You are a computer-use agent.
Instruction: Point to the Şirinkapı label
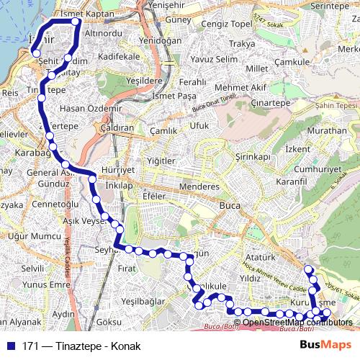pyautogui.click(x=252, y=156)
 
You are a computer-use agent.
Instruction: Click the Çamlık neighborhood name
pyautogui.click(x=163, y=131)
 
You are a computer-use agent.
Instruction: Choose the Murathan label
pyautogui.click(x=326, y=131)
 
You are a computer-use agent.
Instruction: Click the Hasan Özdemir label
pyautogui.click(x=91, y=108)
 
